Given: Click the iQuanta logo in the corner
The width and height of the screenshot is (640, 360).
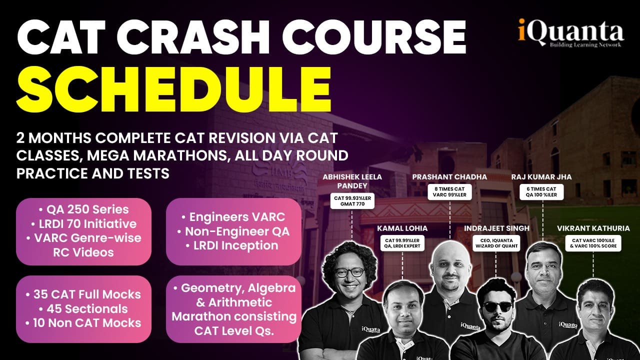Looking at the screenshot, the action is (x=571, y=32).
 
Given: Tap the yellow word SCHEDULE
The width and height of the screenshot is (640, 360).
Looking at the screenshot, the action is (x=174, y=89).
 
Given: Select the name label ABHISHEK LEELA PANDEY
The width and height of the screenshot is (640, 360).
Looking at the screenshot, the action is (x=352, y=181).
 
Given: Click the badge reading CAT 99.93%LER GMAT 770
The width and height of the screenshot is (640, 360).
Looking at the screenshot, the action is (x=352, y=201).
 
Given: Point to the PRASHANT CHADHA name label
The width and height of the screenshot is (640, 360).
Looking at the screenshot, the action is (x=449, y=177).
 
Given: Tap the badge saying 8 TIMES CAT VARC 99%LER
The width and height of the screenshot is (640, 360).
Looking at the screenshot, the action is (x=449, y=191).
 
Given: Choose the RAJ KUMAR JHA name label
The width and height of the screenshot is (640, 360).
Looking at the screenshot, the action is (x=541, y=177).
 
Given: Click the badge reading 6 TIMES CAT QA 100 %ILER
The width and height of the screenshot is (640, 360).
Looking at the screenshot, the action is (x=541, y=191).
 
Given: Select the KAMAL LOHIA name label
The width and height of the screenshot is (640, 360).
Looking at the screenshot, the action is (x=402, y=228).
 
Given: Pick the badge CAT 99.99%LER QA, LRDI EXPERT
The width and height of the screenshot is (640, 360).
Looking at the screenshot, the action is (x=402, y=243).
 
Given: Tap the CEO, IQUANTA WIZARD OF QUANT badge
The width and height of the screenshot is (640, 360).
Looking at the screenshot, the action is (x=496, y=243).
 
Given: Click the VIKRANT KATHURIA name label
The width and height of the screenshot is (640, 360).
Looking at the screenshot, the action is (x=593, y=228).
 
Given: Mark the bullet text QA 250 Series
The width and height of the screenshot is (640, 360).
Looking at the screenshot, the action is (x=83, y=209).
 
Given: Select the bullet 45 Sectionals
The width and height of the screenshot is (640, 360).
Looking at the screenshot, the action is (x=83, y=309).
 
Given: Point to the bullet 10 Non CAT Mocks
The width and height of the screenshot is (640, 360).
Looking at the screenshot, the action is (x=83, y=323).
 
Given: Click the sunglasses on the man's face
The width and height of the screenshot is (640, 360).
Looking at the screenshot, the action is (x=497, y=307).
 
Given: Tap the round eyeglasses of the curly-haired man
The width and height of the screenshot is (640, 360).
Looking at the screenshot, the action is (x=349, y=272).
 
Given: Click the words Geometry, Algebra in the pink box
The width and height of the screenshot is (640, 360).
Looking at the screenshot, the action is (x=235, y=287).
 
